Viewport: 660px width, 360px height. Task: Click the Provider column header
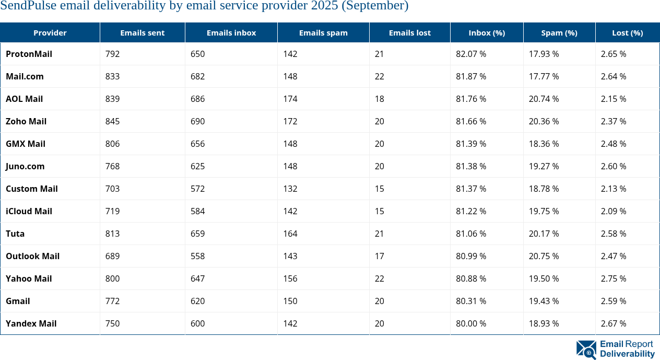(50, 32)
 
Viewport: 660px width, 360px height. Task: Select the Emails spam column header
(323, 32)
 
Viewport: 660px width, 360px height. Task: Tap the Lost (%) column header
(627, 32)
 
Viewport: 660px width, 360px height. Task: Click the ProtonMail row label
(29, 54)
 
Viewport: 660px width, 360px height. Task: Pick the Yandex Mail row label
(31, 323)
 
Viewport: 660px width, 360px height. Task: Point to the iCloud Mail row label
(29, 211)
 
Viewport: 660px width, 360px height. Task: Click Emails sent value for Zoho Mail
(112, 121)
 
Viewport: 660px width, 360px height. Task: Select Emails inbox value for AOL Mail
(198, 99)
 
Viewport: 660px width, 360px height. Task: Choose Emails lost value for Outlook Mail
(379, 256)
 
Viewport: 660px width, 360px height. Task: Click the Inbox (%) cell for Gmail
(471, 301)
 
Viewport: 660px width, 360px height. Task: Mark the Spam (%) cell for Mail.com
(544, 76)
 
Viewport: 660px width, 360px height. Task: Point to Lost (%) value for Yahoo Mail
(614, 278)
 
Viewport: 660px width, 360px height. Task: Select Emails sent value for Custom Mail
(112, 189)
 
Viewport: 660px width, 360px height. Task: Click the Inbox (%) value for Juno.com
(471, 166)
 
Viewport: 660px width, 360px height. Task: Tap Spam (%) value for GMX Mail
(544, 144)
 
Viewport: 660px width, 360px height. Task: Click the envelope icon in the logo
(586, 350)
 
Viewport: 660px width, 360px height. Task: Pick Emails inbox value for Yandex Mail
(198, 323)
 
